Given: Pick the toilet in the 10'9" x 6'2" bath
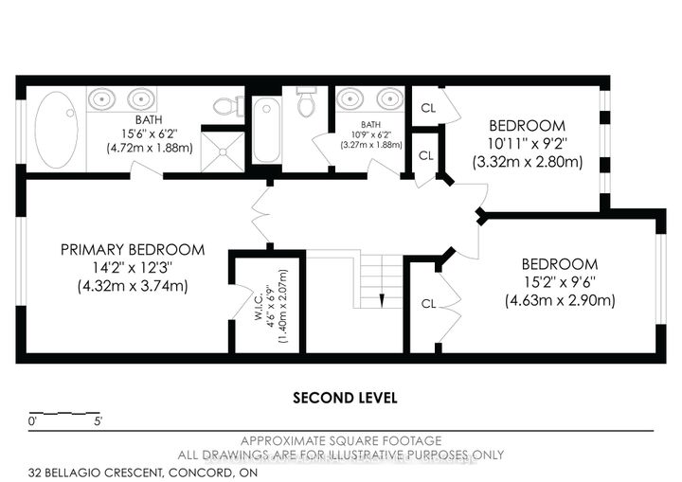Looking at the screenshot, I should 306,101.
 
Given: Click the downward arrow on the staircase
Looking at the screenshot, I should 380,300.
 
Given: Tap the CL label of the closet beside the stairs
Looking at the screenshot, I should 428,304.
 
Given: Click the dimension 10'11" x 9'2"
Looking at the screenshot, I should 527,144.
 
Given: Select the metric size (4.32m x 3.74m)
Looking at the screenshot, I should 132,286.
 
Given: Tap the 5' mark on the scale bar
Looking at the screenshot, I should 99,423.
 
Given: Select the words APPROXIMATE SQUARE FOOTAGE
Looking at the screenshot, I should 340,441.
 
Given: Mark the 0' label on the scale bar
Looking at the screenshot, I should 32,423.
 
